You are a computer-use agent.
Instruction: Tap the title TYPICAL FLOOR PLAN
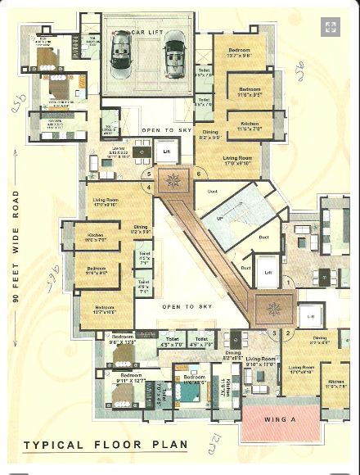coord(105,446)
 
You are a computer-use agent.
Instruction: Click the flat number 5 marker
coord(148,174)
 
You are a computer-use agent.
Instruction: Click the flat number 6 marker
coord(199,174)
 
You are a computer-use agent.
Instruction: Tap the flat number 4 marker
coord(148,188)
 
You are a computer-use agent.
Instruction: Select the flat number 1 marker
coord(288,283)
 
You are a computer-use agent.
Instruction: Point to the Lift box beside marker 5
coord(166,153)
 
